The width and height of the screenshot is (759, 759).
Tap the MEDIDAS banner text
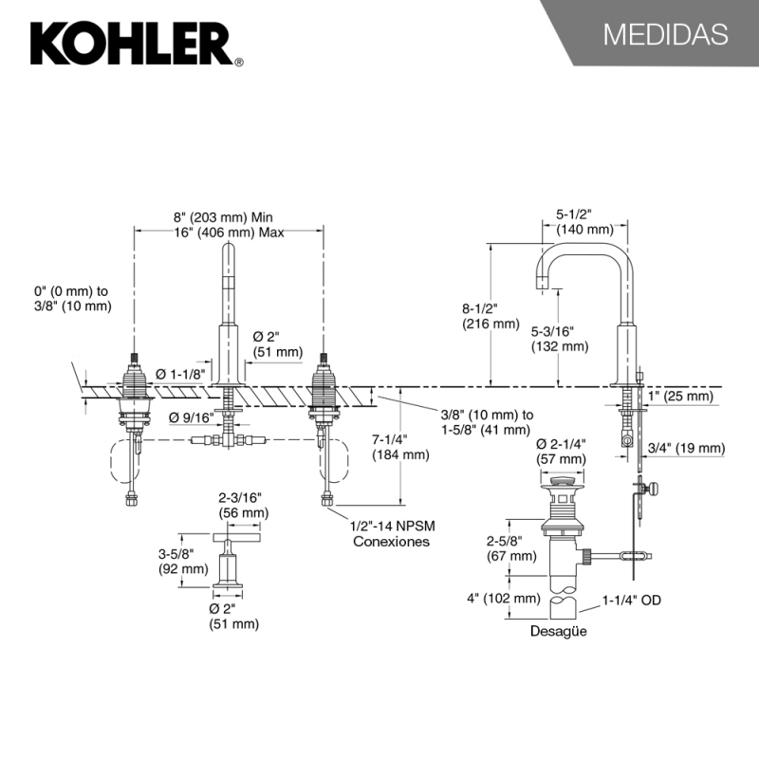[x=665, y=34]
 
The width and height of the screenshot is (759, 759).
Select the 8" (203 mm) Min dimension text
[x=224, y=216]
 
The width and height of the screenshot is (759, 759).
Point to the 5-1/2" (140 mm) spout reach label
[x=583, y=222]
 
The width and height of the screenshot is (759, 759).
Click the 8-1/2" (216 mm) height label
[x=491, y=316]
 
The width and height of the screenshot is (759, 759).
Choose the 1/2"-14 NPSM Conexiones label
[x=391, y=534]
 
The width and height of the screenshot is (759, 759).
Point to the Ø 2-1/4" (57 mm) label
[x=563, y=452]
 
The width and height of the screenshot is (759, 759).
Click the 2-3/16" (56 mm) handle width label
[x=242, y=505]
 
